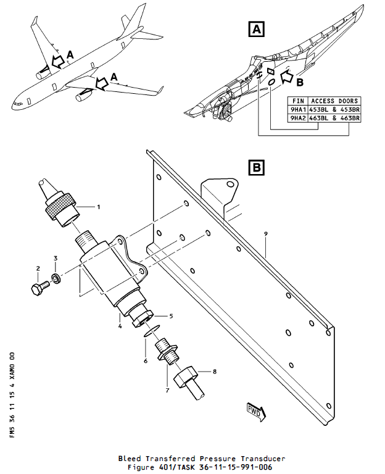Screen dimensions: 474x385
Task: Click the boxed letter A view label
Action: pos(257,28)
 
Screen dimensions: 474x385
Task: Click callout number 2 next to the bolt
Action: pos(38,268)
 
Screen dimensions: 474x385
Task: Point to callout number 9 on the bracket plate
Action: pos(265,234)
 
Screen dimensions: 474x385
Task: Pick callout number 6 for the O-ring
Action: pos(146,360)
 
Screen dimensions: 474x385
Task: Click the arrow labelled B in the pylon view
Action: pos(288,77)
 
